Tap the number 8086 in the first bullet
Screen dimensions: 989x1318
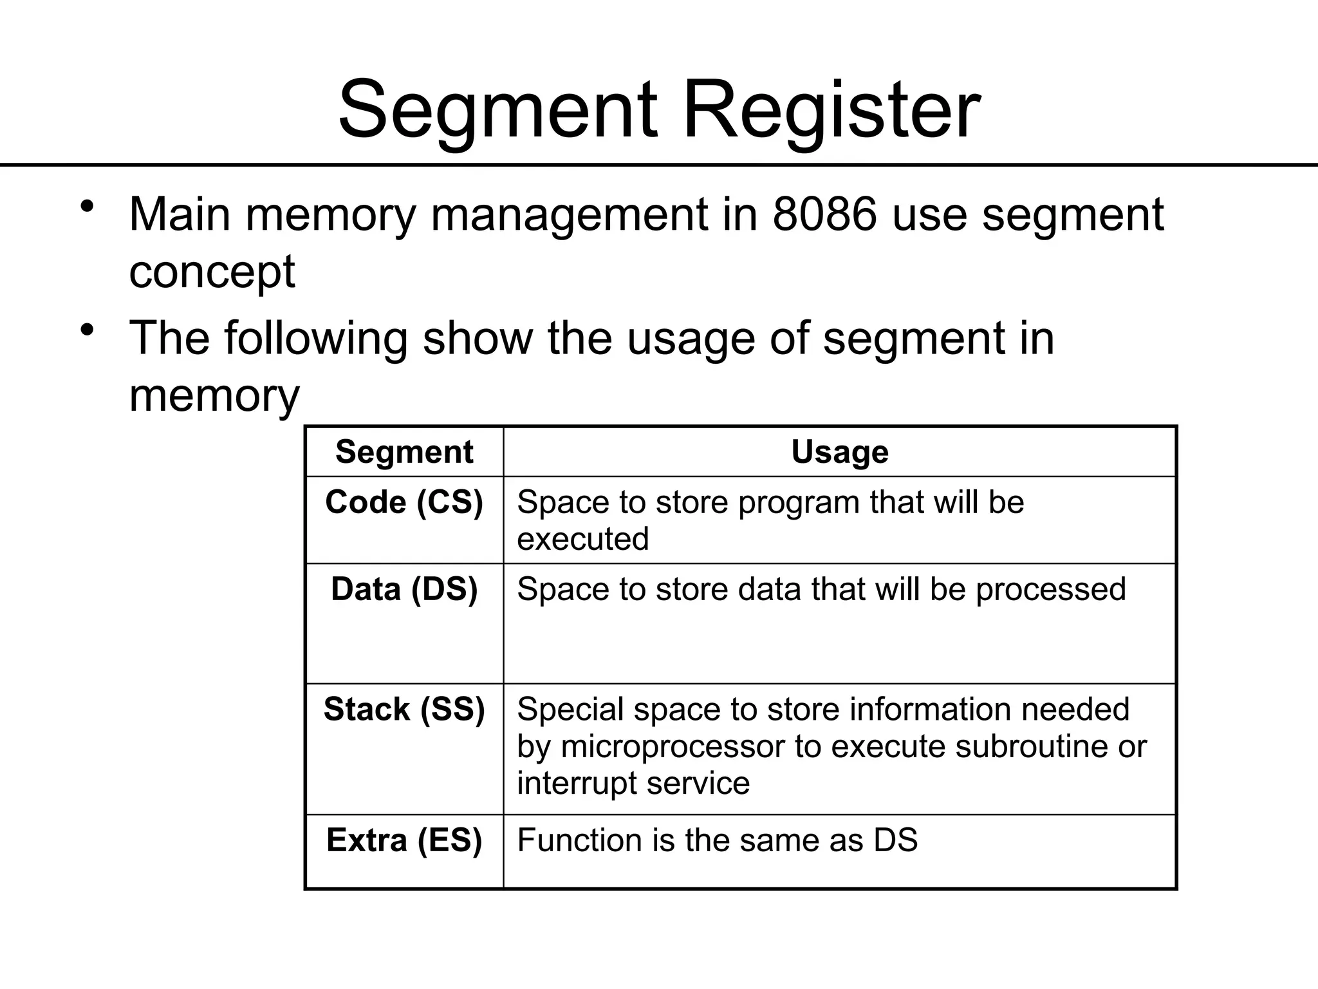pos(824,214)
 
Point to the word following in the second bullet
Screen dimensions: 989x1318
pos(315,339)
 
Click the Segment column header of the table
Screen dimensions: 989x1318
pos(404,451)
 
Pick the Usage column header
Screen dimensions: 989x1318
pos(839,451)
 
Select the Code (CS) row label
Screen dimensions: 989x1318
pos(404,502)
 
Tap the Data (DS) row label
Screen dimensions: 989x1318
pos(404,589)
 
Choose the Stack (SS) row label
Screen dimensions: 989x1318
pos(404,710)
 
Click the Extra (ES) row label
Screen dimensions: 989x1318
pos(404,840)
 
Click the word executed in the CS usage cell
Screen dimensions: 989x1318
pos(582,539)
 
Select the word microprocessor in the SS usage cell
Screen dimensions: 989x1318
pos(673,747)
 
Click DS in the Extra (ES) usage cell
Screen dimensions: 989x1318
pos(895,840)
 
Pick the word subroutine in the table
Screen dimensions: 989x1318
pos(1037,747)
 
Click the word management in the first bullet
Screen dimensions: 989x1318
pos(569,215)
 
